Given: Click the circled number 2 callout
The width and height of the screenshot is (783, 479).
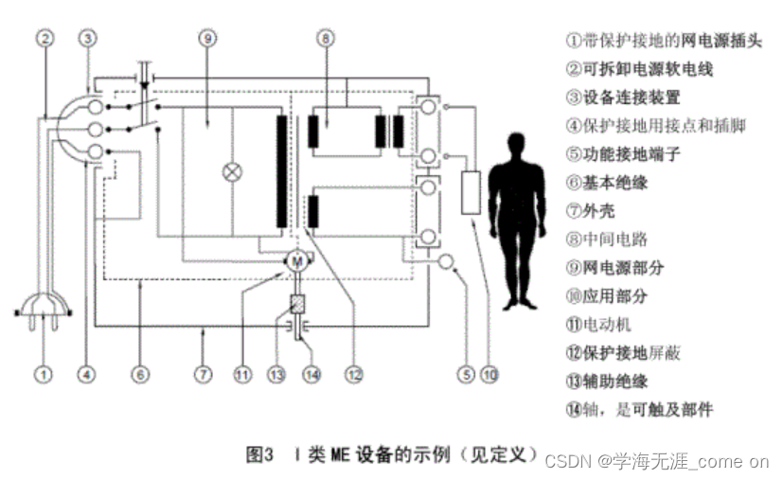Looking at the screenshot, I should [x=44, y=40].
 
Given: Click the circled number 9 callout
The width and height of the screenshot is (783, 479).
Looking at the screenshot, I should [x=207, y=39].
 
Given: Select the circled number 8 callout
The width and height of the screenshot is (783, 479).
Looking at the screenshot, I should [x=326, y=39].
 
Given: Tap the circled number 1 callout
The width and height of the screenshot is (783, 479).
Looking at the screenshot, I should [x=43, y=373].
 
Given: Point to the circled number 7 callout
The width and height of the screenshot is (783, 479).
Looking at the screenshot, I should [x=203, y=373].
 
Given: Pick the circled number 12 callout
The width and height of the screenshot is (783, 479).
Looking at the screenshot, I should [x=353, y=373].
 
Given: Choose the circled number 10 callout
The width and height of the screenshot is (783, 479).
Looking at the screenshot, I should [x=489, y=373].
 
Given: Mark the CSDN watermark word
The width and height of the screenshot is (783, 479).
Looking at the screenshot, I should [x=567, y=461].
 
